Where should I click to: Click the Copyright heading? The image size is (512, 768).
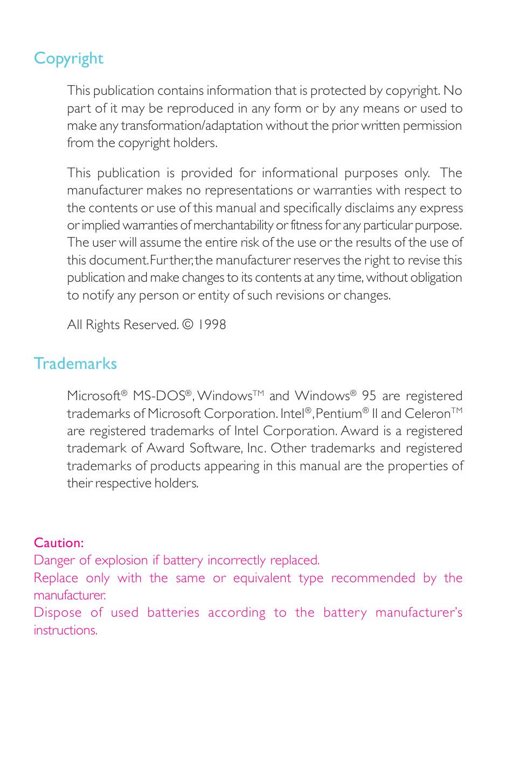click(68, 59)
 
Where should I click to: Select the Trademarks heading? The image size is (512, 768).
click(75, 364)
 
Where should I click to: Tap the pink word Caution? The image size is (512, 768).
click(59, 543)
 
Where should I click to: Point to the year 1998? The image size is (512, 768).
click(211, 325)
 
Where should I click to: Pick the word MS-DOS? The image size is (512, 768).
click(159, 396)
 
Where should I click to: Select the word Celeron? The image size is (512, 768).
click(427, 414)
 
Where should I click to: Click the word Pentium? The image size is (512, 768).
click(338, 414)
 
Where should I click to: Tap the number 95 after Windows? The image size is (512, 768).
click(369, 396)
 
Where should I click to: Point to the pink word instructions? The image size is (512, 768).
click(65, 630)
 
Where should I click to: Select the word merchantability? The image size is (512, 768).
click(233, 225)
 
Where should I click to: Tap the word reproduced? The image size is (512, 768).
click(199, 108)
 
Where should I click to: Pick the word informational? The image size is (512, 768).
click(300, 173)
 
